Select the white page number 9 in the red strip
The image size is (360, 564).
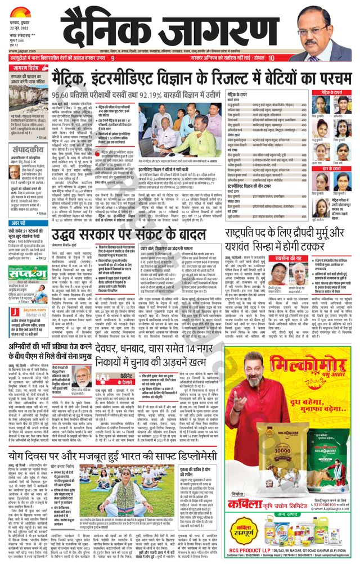pos(112,58)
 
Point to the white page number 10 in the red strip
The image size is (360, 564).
pos(272,58)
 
